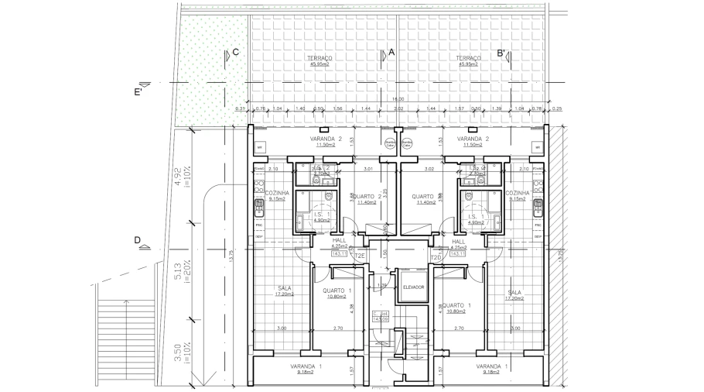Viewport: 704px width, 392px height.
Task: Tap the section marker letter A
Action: tap(391, 53)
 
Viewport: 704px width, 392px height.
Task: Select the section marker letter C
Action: tap(235, 53)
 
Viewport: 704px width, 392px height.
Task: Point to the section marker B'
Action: tap(502, 53)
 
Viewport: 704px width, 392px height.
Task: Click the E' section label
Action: tap(139, 91)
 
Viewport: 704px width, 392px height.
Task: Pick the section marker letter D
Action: tap(137, 240)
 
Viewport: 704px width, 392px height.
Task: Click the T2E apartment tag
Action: tap(359, 256)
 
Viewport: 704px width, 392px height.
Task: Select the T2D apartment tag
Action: tap(436, 256)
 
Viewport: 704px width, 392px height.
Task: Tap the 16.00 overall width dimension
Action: tap(398, 99)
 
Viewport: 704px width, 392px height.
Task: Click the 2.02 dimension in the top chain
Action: tap(398, 109)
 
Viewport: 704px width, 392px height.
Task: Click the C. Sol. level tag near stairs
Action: tap(379, 316)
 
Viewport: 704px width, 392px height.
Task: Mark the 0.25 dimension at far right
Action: tap(558, 109)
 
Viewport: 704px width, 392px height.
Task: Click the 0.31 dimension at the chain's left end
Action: tap(240, 109)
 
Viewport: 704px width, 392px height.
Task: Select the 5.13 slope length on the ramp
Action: tap(177, 270)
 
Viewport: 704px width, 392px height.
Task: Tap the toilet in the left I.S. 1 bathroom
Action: tap(330, 195)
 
